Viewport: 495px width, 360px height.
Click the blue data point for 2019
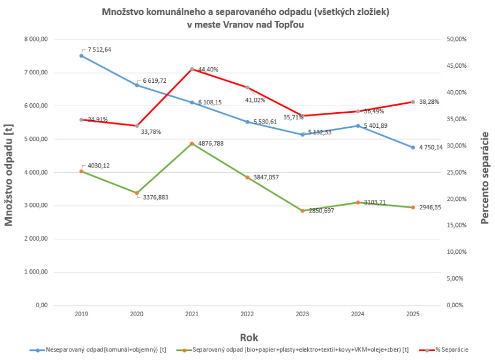[82, 56]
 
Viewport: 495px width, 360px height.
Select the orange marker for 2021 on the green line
[192, 144]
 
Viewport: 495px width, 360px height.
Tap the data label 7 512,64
[99, 49]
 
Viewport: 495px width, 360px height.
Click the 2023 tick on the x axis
[302, 314]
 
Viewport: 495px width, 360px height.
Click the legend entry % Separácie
[449, 349]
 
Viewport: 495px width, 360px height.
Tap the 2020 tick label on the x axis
[137, 314]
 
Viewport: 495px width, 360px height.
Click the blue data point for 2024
[358, 126]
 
